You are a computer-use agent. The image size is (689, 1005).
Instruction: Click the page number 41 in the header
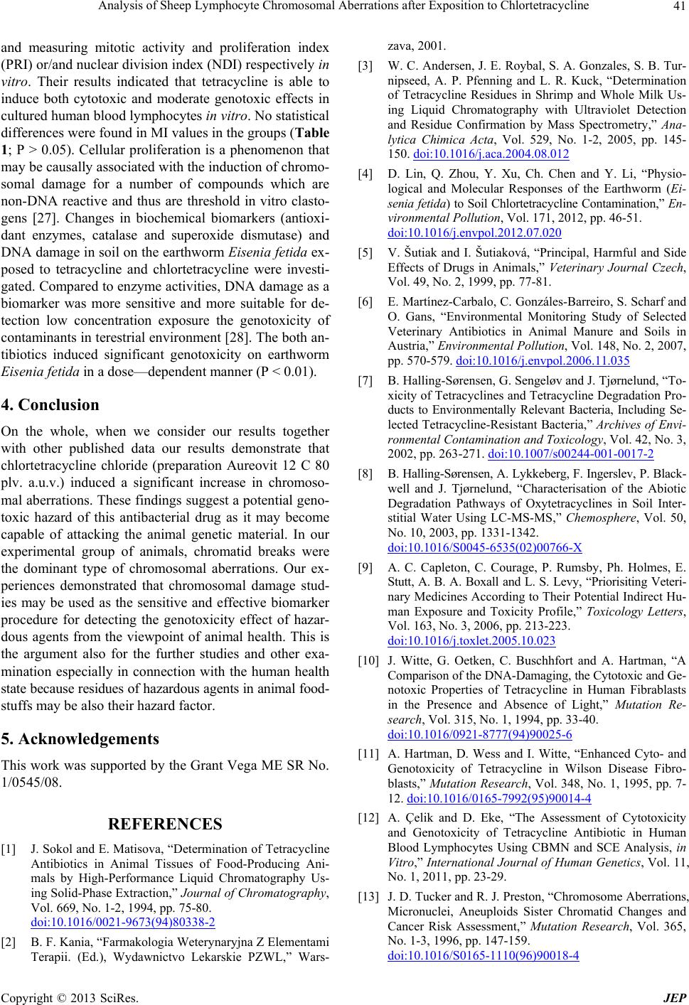675,6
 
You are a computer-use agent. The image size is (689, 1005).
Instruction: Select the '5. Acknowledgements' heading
79,738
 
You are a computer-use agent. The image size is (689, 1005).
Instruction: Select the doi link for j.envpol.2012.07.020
474,232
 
